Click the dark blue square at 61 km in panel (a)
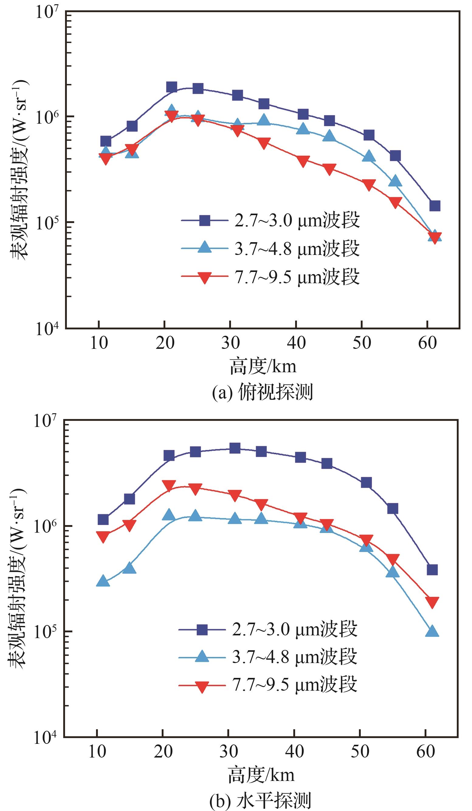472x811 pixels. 435,206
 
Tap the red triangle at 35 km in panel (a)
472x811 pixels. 264,143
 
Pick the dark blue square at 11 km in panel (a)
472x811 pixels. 105,141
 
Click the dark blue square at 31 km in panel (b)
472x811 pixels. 235,448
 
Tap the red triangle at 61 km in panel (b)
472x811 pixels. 432,603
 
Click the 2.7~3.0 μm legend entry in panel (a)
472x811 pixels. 270,221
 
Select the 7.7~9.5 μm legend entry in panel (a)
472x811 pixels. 270,277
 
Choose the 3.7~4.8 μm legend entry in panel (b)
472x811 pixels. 267,657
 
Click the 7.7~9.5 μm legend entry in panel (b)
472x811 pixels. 267,684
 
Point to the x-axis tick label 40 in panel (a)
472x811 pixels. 296,343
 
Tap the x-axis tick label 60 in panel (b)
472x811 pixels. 425,752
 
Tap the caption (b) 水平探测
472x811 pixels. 260,800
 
